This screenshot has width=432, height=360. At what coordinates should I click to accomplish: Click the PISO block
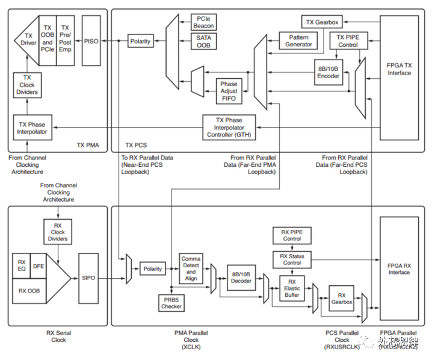pos(92,41)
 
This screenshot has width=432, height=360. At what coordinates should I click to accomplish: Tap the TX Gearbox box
pos(322,22)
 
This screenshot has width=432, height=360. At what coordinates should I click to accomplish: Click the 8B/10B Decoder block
pos(241,279)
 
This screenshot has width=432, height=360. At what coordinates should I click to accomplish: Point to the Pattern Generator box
pos(298,41)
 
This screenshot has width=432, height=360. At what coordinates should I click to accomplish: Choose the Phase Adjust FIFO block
pos(229,91)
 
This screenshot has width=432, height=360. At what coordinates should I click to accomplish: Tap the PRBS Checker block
pos(171,303)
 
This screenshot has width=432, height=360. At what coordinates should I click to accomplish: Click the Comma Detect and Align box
pos(190,268)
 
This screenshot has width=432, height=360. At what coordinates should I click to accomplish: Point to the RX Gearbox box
pos(341,299)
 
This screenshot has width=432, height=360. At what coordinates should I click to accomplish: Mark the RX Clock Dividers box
pos(57,231)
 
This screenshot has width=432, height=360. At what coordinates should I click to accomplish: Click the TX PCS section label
pos(137,145)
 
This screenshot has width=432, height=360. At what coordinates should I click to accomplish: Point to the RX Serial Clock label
pos(58,335)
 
